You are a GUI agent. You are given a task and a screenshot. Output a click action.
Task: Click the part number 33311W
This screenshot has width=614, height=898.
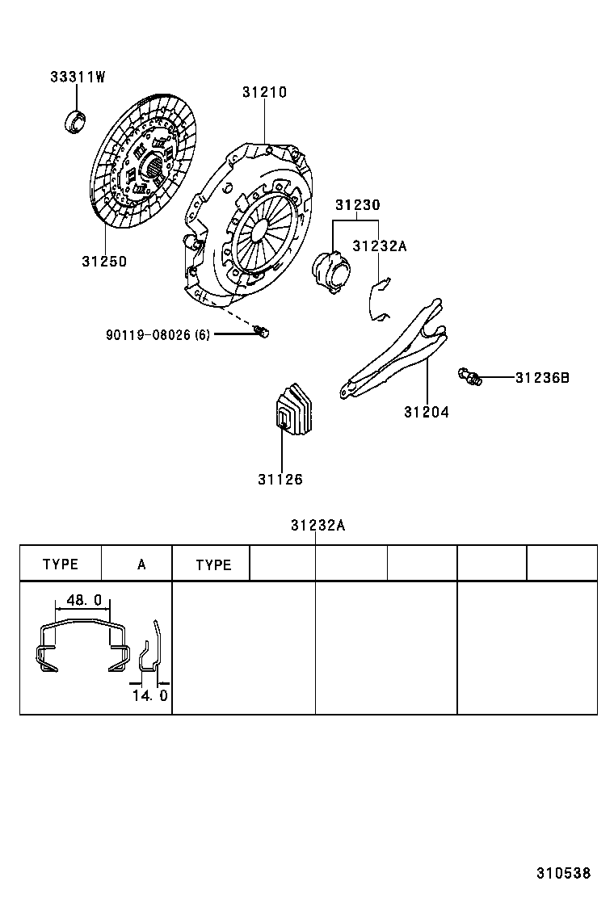coord(78,78)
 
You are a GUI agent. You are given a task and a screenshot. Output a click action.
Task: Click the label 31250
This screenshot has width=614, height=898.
coord(103,262)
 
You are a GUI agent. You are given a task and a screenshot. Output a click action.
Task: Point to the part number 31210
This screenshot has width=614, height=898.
coord(264,93)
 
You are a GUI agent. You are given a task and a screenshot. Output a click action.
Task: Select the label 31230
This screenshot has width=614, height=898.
coord(357,205)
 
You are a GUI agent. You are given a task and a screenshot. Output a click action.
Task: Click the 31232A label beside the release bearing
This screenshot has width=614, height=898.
coord(379,245)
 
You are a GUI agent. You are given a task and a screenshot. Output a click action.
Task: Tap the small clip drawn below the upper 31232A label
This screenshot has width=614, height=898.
coord(376,300)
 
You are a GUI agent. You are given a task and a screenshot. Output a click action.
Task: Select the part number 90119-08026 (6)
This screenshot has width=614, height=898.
coord(157,334)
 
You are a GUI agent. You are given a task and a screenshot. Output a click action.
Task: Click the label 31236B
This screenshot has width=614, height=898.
coord(542,377)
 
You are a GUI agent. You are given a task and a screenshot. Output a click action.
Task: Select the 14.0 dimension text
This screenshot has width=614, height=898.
coord(149,694)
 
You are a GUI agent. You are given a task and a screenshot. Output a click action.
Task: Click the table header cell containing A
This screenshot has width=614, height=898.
coord(141,564)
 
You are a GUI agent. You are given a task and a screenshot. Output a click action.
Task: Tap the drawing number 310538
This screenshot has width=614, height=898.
coord(564,873)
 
